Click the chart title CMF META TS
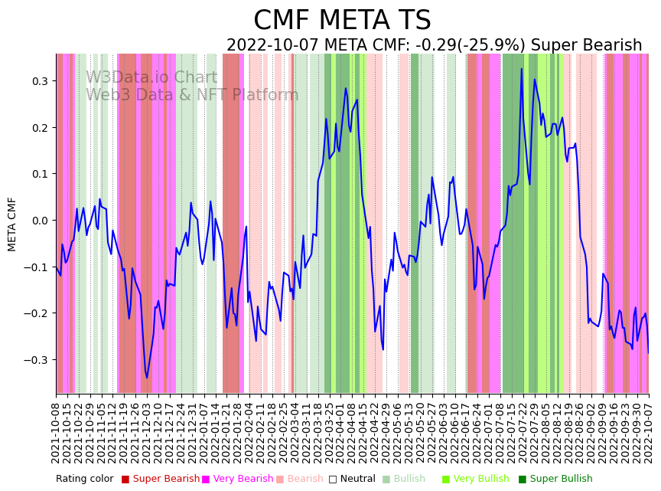click(342, 21)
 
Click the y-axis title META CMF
click(12, 224)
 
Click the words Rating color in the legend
click(84, 480)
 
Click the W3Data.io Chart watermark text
click(151, 78)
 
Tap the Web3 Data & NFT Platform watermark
click(192, 96)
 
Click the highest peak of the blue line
click(522, 69)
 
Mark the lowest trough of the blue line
click(147, 378)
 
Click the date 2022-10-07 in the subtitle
click(269, 46)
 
